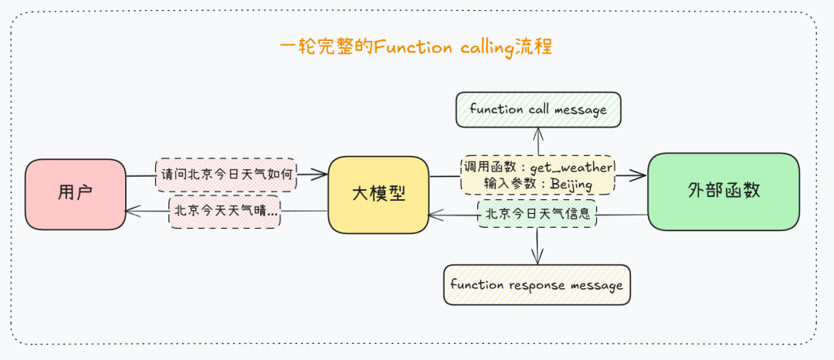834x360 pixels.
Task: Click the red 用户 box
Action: tap(75, 194)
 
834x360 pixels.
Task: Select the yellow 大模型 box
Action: tap(378, 194)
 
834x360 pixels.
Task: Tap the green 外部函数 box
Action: tap(724, 191)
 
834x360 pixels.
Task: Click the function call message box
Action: tap(538, 110)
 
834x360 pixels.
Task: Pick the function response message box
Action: tap(537, 285)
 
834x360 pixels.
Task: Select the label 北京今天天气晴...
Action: tap(225, 211)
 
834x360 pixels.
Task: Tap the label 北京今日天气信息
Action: tap(537, 213)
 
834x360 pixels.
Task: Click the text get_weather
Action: tap(571, 168)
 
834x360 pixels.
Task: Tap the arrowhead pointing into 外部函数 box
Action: tap(640, 176)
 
